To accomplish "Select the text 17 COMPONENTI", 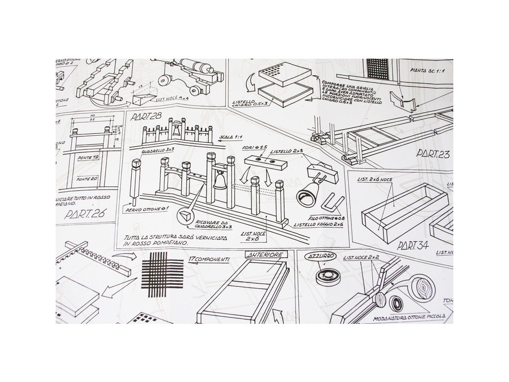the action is click(209, 259).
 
